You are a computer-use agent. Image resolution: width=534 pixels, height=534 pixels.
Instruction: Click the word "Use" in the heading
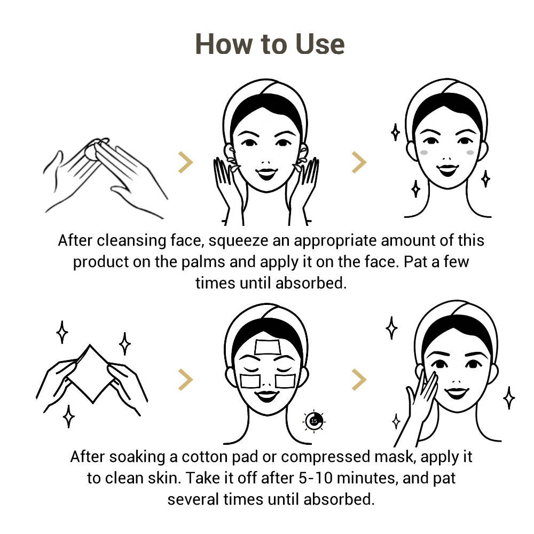click(x=320, y=44)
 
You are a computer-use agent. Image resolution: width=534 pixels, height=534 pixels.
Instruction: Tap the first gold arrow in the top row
click(x=186, y=162)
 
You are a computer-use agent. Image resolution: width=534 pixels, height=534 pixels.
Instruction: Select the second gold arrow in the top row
click(x=359, y=162)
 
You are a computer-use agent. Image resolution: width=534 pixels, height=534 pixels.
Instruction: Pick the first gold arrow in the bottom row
click(x=186, y=379)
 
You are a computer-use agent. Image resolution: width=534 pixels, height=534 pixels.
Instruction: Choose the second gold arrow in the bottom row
click(x=359, y=379)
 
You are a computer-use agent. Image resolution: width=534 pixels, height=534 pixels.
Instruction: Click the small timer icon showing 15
click(x=314, y=421)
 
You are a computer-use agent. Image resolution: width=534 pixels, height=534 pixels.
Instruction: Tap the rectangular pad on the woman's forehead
click(x=268, y=347)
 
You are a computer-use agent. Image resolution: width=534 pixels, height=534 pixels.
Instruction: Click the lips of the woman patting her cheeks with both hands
click(x=266, y=173)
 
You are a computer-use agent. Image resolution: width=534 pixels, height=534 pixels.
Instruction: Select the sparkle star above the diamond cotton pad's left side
click(x=62, y=332)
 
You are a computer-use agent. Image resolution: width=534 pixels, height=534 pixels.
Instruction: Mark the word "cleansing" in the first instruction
click(x=131, y=241)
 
